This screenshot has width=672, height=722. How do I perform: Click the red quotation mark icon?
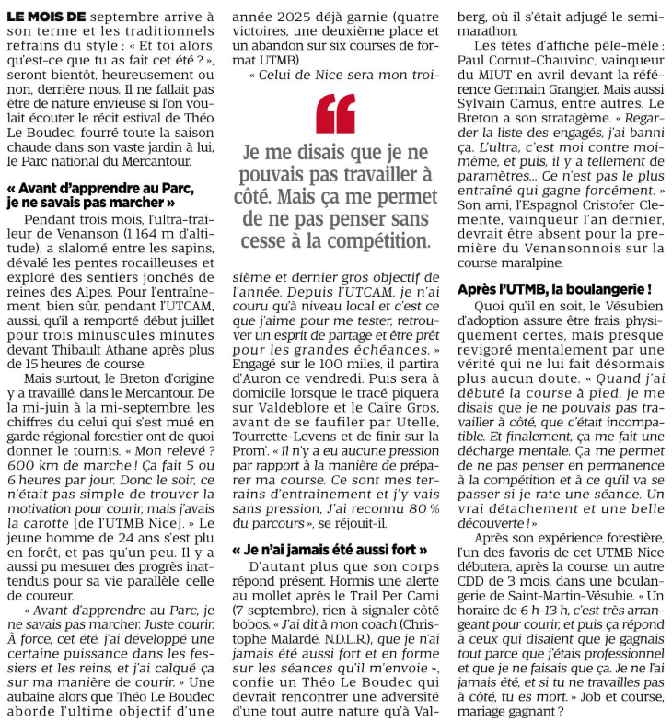pos(335,113)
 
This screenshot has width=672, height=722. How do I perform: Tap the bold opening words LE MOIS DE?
pos(47,17)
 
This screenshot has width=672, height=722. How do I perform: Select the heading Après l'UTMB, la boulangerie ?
pos(561,289)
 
